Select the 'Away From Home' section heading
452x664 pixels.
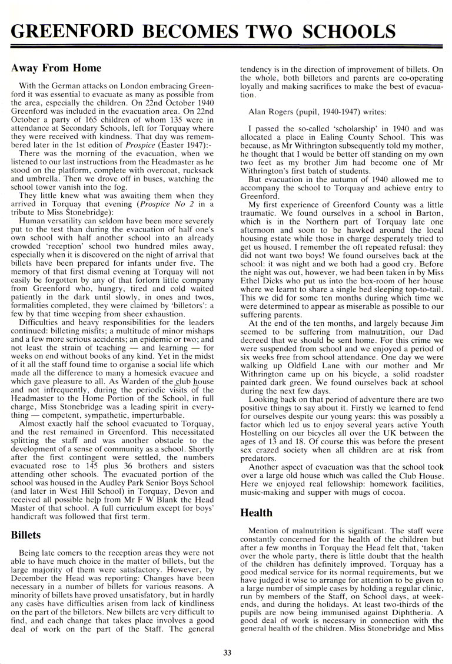point(56,69)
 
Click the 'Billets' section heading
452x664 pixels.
point(25,535)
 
